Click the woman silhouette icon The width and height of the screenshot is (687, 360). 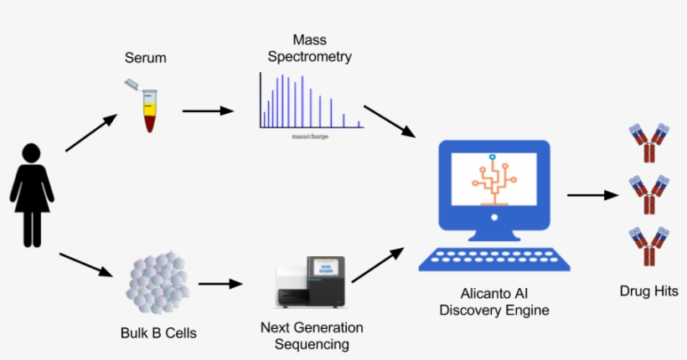coord(32,194)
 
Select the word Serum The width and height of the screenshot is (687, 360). coord(146,59)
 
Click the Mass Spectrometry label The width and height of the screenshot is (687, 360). coord(310,49)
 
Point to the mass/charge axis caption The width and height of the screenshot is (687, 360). coord(309,136)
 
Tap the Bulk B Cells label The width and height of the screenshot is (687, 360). coord(158,332)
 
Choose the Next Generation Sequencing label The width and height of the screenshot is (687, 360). coord(312,336)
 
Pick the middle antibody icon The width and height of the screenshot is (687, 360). coord(648,195)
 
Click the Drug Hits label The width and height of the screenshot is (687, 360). coord(648,291)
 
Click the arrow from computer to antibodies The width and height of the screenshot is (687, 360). coord(597,195)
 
